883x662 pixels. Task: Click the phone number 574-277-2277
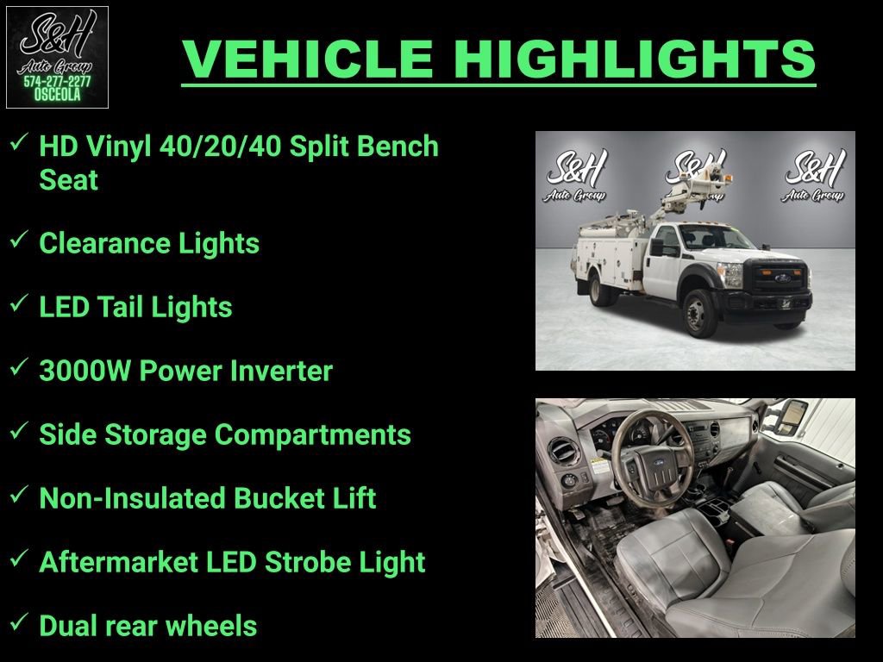[57, 82]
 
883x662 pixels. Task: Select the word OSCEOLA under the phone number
[57, 96]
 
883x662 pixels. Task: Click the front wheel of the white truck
[700, 311]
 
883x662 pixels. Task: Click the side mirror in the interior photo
[789, 417]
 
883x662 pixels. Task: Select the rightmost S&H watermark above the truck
[813, 176]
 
